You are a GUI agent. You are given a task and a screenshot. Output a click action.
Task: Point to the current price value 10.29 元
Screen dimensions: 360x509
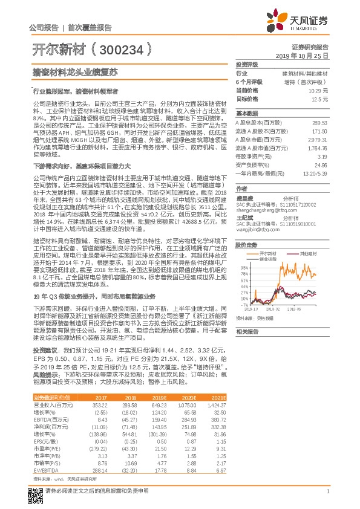(318, 90)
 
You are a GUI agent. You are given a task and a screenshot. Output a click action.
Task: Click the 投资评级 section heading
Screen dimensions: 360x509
(246, 64)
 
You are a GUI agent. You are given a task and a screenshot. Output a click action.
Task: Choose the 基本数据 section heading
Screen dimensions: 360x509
(246, 114)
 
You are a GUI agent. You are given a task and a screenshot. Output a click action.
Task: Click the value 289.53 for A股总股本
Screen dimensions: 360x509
(319, 123)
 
